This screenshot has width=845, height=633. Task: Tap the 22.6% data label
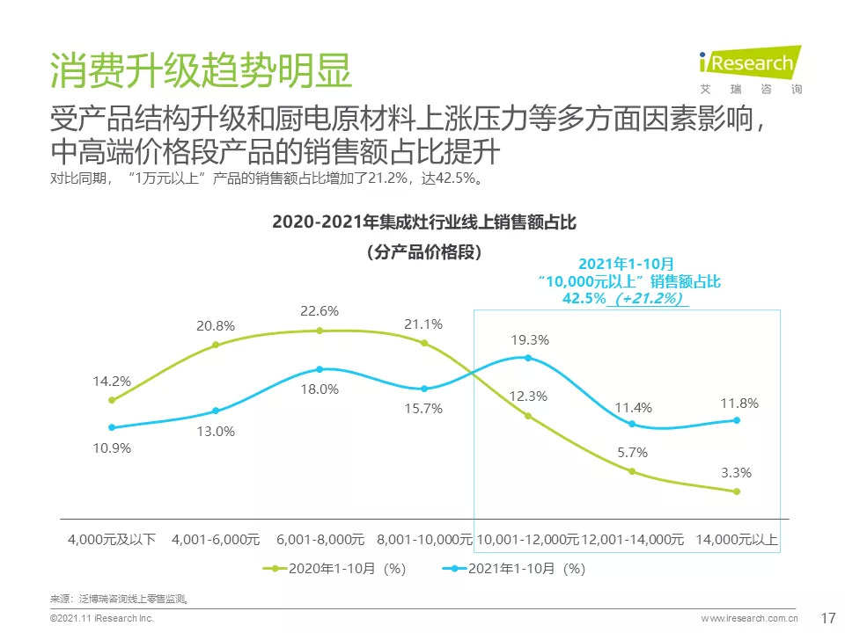(x=320, y=311)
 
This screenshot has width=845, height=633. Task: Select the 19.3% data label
(x=530, y=339)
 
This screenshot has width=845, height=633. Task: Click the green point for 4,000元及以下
(x=112, y=400)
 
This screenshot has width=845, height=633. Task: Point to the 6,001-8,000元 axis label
(x=320, y=539)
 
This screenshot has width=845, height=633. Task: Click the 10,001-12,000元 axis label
(x=527, y=539)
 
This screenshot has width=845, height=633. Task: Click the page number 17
(x=827, y=617)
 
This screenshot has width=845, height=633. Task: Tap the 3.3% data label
(x=736, y=473)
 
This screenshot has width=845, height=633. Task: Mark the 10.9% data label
(x=113, y=448)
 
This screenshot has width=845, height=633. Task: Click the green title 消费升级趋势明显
(x=201, y=71)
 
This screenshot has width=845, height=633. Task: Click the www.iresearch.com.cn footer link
(x=749, y=619)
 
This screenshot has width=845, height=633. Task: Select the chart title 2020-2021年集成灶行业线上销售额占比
(x=424, y=222)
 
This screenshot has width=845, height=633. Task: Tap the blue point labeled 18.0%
(x=320, y=369)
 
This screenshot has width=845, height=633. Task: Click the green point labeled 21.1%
(x=424, y=343)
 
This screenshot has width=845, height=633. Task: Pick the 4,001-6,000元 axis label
(x=216, y=539)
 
